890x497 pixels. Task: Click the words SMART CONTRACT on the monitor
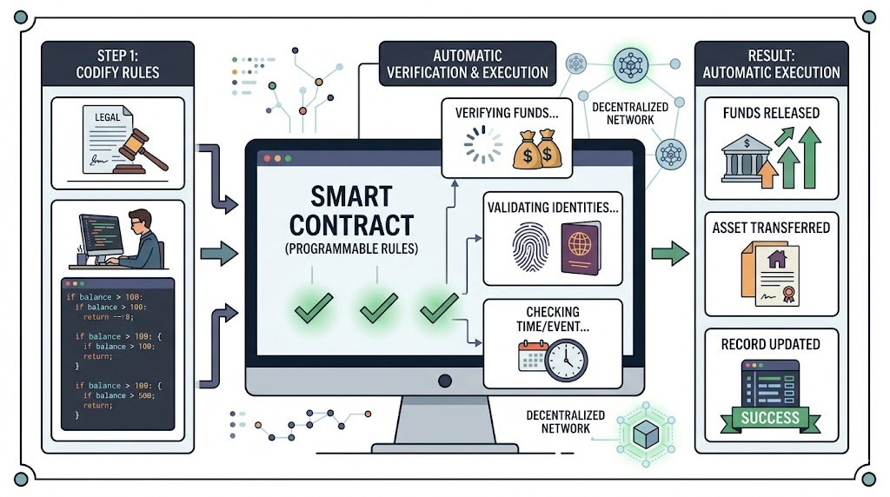click(x=351, y=210)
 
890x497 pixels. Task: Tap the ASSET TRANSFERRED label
click(x=771, y=228)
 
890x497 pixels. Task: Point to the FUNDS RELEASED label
click(x=771, y=113)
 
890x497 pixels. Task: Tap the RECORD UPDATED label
click(x=770, y=344)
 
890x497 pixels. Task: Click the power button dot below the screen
click(x=445, y=381)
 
